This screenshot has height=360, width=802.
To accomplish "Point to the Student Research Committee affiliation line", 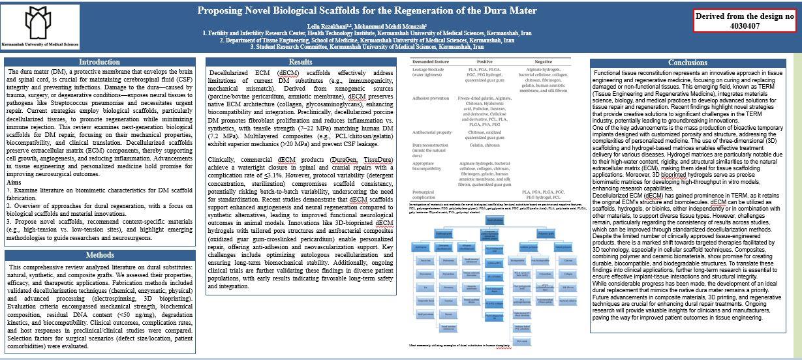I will point(367,47).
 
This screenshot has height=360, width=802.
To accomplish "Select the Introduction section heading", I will point(99,62).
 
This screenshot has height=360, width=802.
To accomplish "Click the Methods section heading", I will point(99,255).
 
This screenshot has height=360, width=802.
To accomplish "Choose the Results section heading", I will point(300,62).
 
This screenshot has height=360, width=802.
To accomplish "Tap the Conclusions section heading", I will point(686,63).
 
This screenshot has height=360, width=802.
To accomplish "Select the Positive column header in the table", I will point(484,61).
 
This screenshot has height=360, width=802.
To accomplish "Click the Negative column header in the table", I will point(543,61).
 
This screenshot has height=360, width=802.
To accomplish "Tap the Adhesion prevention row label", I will point(431,98).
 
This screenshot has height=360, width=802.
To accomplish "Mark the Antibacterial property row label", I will point(433,132).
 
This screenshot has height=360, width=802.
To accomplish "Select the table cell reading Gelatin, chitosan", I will point(484,145).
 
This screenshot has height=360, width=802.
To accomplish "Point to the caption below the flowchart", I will point(459,345).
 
